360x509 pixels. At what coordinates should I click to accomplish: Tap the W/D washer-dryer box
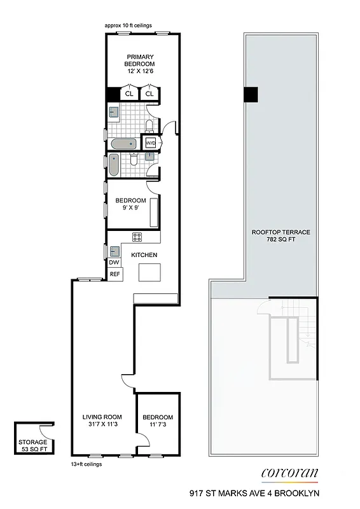coord(151,143)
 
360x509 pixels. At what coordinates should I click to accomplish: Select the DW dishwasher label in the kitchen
coord(114,262)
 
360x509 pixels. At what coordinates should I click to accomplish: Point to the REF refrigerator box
coord(114,274)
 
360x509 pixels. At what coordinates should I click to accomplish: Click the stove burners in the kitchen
coord(137,237)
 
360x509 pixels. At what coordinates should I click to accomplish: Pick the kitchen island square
coord(151,272)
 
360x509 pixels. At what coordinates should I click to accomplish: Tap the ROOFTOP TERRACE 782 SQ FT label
coord(272,236)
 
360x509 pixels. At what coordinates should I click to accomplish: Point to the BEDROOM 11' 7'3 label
coord(158,422)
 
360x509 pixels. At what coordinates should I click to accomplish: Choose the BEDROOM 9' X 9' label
coord(130,204)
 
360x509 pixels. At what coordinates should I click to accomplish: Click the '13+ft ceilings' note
coord(87,464)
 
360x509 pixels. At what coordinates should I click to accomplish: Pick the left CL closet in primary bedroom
coord(129,94)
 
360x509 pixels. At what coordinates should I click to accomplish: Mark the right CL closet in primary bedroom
coord(149,94)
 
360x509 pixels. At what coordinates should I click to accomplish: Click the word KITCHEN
coord(144,255)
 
